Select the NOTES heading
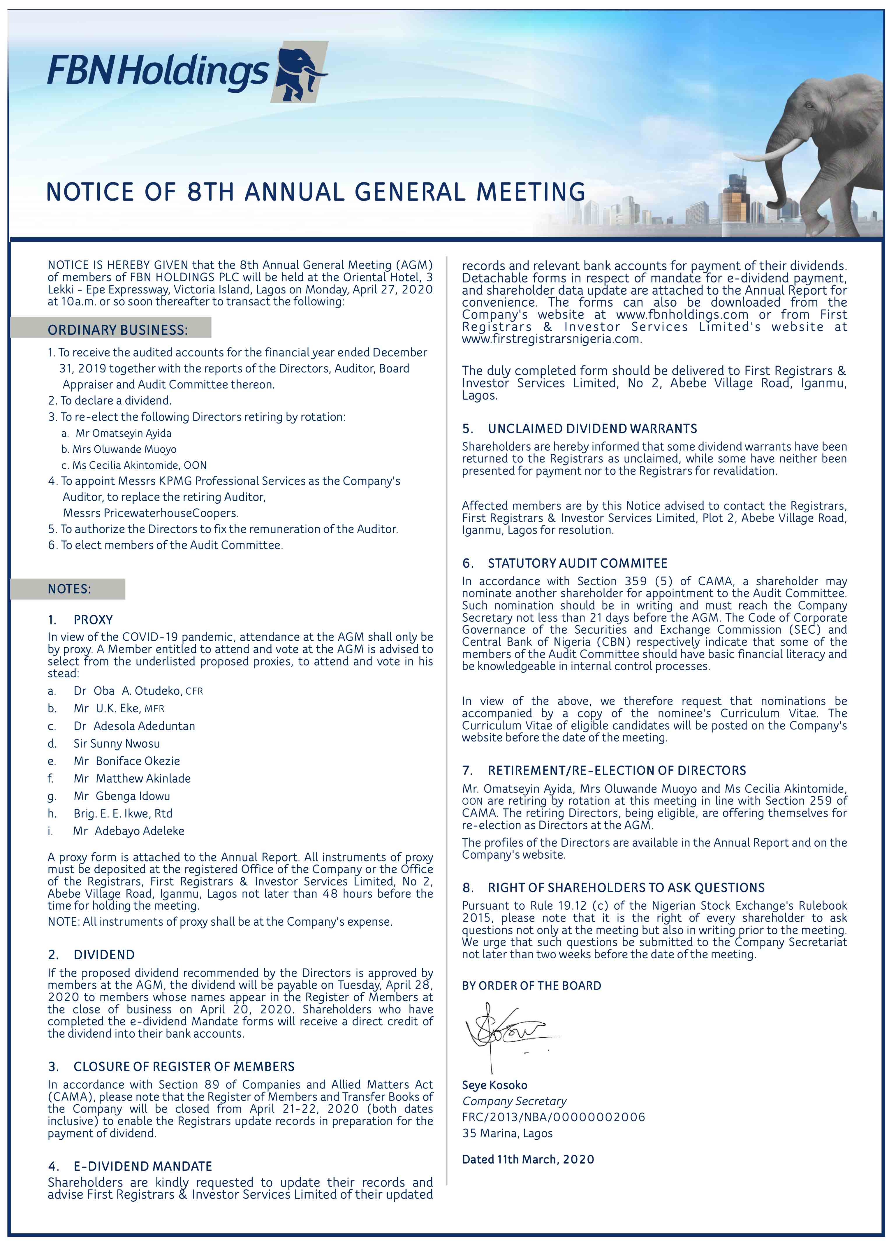point(69,589)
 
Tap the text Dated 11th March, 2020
point(528,1159)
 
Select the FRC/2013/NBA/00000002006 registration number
point(553,1117)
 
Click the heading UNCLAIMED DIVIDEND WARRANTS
point(592,428)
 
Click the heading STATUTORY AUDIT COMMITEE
point(577,563)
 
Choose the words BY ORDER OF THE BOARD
point(531,986)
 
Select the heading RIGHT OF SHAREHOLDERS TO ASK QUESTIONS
point(626,888)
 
